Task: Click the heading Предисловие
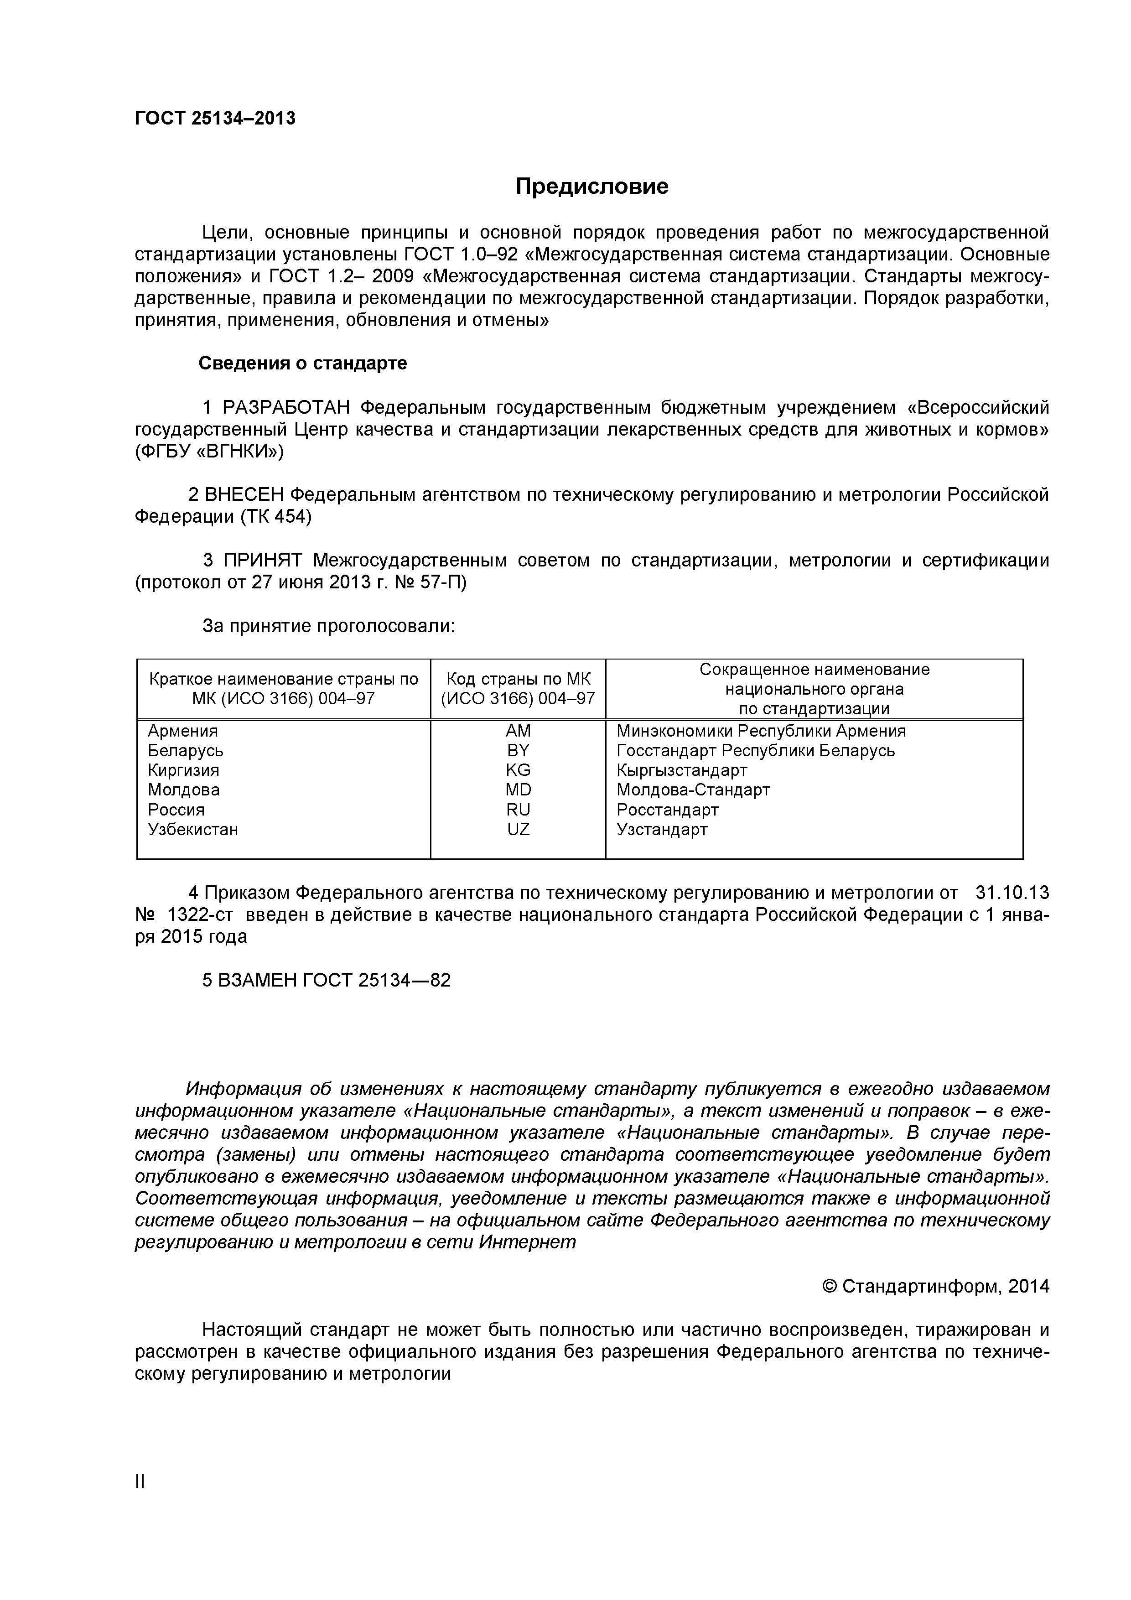point(591,186)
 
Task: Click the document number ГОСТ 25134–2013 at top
point(215,119)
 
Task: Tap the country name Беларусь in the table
point(185,751)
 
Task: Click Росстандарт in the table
point(667,810)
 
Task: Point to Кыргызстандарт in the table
point(681,770)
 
